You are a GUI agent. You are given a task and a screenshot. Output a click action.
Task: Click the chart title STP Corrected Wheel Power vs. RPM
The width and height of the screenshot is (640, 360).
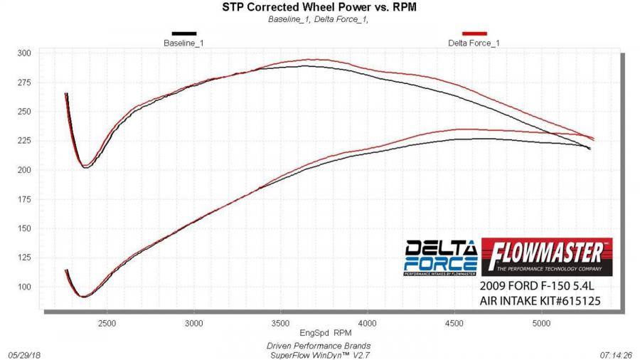tap(319, 8)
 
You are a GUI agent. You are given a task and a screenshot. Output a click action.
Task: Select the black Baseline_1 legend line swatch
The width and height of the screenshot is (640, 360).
tap(183, 33)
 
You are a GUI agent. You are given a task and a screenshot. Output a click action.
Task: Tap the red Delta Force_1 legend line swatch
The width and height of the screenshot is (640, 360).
tap(474, 33)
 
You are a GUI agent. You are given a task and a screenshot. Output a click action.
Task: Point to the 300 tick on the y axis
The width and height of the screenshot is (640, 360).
tap(24, 53)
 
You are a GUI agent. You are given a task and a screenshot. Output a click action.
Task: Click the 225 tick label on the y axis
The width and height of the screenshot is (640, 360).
tap(24, 141)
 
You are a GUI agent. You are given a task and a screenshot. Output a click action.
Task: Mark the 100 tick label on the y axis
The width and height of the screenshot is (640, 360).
tap(24, 287)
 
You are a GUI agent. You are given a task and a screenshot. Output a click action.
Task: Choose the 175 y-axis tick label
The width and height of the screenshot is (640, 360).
tap(24, 199)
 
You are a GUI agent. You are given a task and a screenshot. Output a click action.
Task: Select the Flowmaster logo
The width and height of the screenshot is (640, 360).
tap(546, 256)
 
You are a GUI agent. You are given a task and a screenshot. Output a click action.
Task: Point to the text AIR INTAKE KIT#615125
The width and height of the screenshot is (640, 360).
tap(541, 301)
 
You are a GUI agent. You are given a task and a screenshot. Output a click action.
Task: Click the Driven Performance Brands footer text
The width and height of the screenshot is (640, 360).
tap(319, 345)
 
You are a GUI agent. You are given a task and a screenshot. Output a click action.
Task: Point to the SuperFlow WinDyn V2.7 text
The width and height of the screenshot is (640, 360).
tap(319, 354)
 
